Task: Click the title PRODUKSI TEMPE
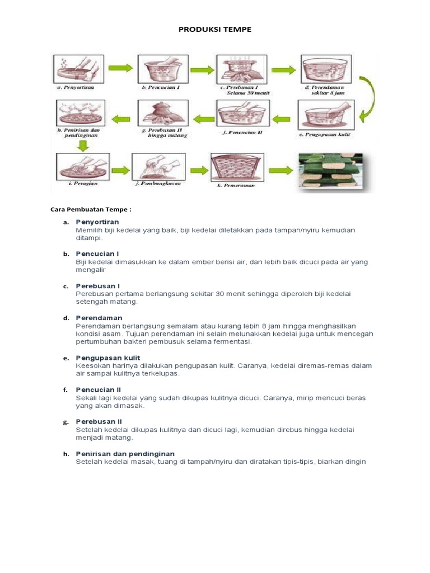215,29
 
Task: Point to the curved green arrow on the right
368,98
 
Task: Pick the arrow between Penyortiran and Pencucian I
119,68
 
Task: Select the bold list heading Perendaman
99,318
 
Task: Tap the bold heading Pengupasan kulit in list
108,358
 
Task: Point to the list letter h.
65,454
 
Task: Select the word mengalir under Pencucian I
90,269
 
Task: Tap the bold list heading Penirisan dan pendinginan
125,453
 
